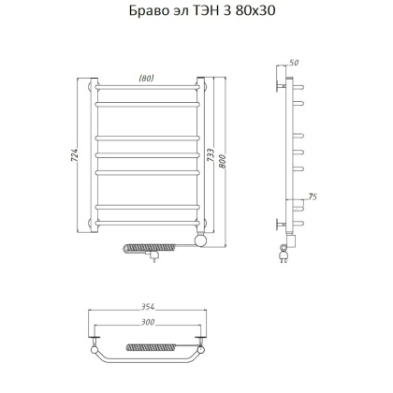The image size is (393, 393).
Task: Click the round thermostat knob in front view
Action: click(197, 242)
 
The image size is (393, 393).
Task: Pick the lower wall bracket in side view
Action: click(280, 224)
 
